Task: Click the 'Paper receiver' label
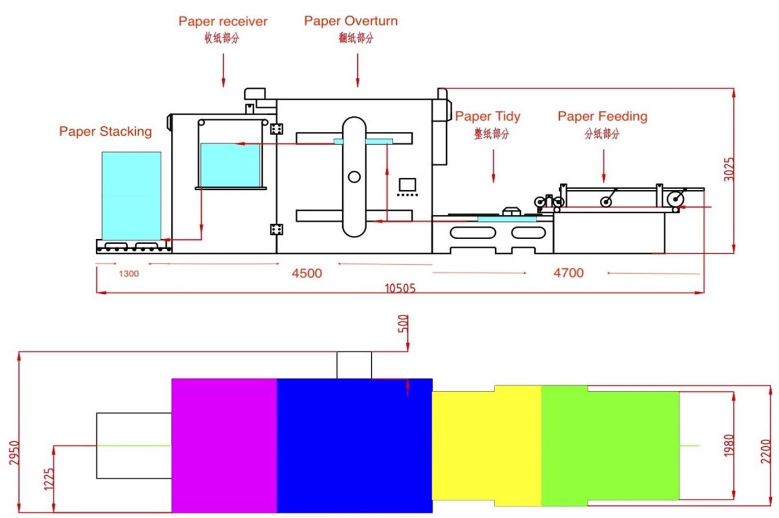223,22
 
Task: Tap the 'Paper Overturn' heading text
351,21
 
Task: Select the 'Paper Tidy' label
487,116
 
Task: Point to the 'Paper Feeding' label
603,116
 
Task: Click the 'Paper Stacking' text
105,131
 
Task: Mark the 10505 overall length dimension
400,288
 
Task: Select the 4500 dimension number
307,273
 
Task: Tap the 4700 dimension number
569,273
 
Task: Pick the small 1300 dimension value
129,274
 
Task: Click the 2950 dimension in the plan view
14,453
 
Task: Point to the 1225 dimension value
49,480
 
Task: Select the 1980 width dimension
728,445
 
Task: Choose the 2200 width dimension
766,452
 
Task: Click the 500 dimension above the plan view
403,324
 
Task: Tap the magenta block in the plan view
224,446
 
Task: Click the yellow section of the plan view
486,446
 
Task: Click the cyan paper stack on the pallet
131,196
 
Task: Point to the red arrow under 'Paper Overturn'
357,70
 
